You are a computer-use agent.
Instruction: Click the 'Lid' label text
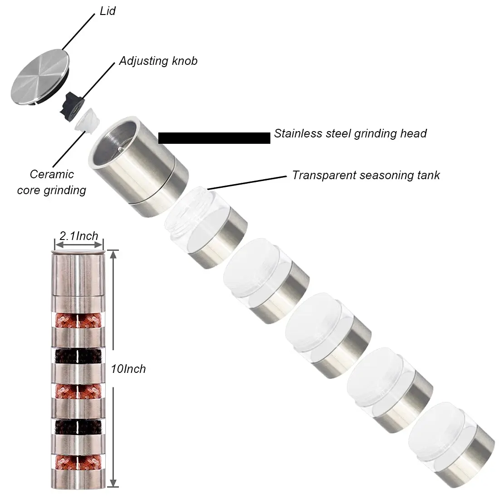tap(108, 11)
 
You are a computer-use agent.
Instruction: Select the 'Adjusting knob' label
tap(158, 61)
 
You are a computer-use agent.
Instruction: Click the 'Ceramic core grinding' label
tap(52, 182)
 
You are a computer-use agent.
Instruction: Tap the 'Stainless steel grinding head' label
tap(350, 133)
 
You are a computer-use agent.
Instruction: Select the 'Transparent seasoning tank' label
tap(366, 175)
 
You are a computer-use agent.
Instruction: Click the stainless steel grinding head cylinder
tap(141, 166)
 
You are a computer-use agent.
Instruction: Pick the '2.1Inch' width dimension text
tap(79, 236)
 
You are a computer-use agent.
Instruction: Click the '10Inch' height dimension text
tap(128, 369)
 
